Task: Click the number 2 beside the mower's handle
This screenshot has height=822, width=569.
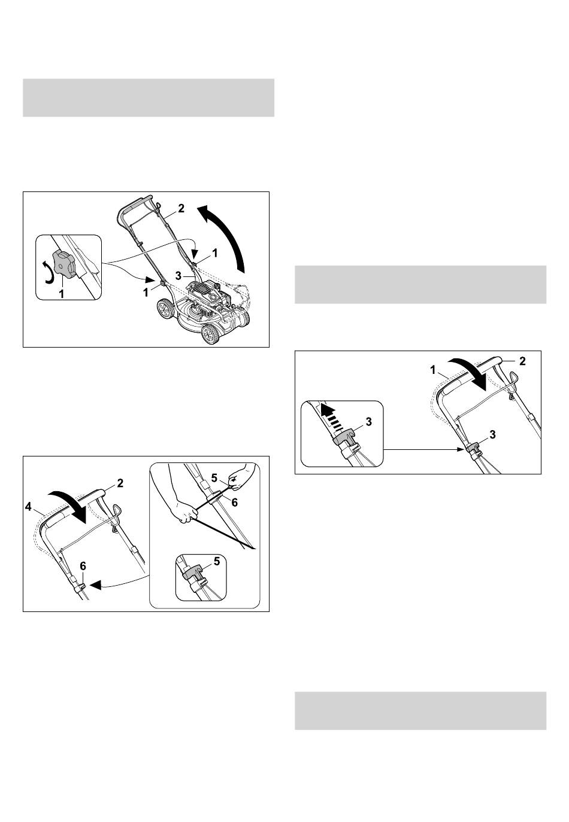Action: (181, 208)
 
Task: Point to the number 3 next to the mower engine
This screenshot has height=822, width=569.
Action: (178, 275)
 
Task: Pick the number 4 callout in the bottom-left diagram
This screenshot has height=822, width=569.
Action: (29, 507)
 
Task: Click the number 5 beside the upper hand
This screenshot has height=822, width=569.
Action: (214, 478)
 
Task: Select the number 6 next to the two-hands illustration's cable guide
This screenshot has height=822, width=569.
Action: (234, 502)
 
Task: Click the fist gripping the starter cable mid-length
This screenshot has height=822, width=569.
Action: (184, 514)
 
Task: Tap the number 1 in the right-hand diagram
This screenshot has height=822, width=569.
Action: (434, 370)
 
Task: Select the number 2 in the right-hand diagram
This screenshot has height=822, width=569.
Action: (522, 361)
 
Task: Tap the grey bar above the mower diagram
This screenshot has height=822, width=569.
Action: (149, 98)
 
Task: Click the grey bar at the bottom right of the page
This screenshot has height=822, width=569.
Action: (420, 711)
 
